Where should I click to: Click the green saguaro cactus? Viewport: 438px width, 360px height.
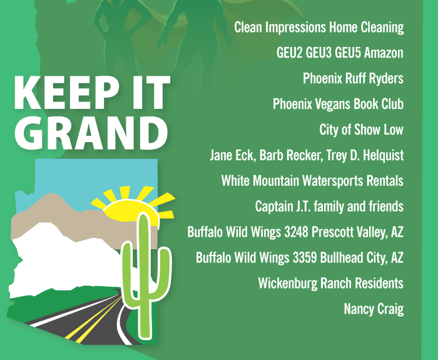pos(143,269)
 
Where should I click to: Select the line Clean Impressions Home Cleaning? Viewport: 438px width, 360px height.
pos(318,28)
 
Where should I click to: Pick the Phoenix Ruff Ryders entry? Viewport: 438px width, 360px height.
pos(353,78)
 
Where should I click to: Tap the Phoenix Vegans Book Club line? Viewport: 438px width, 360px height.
pos(338,104)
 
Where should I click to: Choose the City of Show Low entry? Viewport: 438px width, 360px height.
pos(361,130)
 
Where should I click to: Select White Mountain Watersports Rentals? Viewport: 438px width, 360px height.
pos(312,181)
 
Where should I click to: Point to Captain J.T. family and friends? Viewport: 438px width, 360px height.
pos(329,206)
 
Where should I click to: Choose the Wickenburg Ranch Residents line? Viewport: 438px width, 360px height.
pos(330,283)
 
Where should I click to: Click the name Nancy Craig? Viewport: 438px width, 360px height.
pos(374,309)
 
